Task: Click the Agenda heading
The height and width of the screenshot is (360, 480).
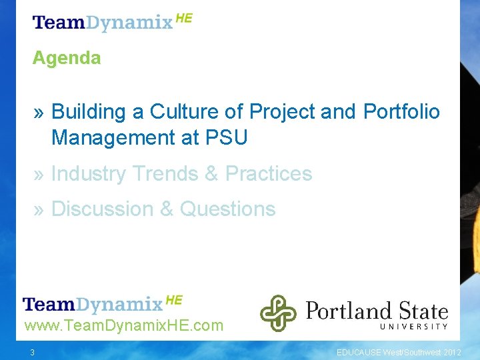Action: [67, 58]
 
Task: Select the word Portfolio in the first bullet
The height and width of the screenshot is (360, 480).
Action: [401, 111]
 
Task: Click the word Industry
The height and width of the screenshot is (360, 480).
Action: [89, 174]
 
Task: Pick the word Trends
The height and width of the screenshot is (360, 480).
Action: [165, 174]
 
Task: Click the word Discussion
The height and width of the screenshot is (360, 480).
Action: [102, 209]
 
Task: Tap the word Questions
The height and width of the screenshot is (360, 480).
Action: [227, 209]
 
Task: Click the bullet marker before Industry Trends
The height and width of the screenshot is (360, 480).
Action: [39, 175]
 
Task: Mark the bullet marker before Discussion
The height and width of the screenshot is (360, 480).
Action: [39, 210]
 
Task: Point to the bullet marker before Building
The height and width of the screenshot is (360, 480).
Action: [39, 112]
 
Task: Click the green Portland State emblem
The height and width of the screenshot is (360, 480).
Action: [278, 313]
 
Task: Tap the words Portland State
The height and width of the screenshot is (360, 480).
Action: [377, 310]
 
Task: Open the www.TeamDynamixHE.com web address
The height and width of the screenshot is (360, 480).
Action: [123, 326]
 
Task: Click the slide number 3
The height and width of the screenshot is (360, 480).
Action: [31, 352]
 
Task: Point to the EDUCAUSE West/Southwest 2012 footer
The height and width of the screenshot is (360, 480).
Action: [397, 352]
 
